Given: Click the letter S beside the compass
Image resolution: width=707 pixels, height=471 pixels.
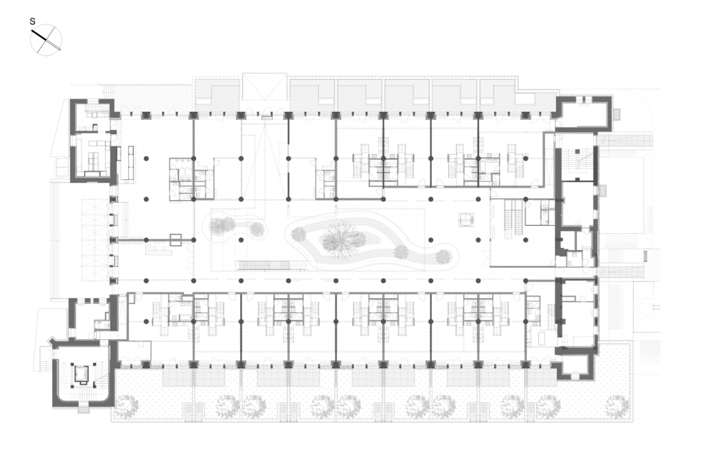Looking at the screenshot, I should tap(33, 21).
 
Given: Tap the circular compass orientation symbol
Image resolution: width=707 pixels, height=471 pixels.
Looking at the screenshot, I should tap(46, 40).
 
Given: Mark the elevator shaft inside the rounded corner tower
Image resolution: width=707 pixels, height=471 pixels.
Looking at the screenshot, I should tap(82, 374).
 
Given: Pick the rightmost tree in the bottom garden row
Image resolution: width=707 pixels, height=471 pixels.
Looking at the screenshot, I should tap(617, 405).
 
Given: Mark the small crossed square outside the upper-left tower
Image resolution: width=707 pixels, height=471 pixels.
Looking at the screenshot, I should tap(60, 166).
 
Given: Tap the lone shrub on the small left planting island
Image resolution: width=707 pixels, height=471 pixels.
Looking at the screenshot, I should tap(223, 225).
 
